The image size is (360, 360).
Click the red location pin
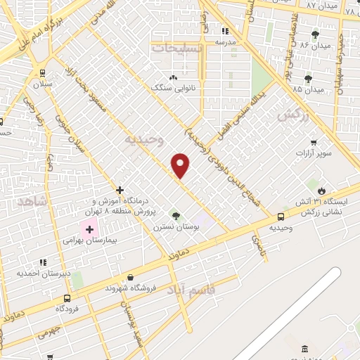pyautogui.click(x=181, y=165)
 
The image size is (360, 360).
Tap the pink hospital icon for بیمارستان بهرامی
pyautogui.click(x=89, y=228)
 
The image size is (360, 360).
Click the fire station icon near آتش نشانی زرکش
pyautogui.click(x=321, y=191)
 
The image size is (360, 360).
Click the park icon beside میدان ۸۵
pyautogui.click(x=307, y=78)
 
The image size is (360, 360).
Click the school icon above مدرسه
pyautogui.click(x=224, y=31)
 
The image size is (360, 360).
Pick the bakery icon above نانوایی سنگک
pyautogui.click(x=173, y=77)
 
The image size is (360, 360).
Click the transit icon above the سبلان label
pyautogui.click(x=42, y=72)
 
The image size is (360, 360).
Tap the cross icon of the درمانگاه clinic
pyautogui.click(x=120, y=190)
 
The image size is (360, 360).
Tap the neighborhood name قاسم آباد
pyautogui.click(x=192, y=289)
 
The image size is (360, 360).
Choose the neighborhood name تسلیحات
pyautogui.click(x=176, y=49)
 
